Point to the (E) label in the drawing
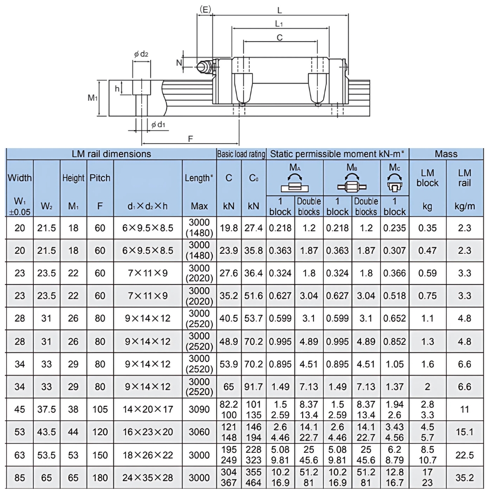(205, 8)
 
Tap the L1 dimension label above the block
(279, 23)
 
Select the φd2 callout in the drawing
(141, 54)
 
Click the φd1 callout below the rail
(157, 125)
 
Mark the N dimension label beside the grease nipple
(179, 63)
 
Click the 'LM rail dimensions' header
(111, 154)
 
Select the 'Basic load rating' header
(241, 154)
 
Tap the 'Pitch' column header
(100, 178)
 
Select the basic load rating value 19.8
(228, 228)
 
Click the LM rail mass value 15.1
(465, 432)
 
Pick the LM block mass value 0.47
(427, 250)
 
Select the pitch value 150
(100, 455)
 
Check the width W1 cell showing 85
(20, 477)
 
